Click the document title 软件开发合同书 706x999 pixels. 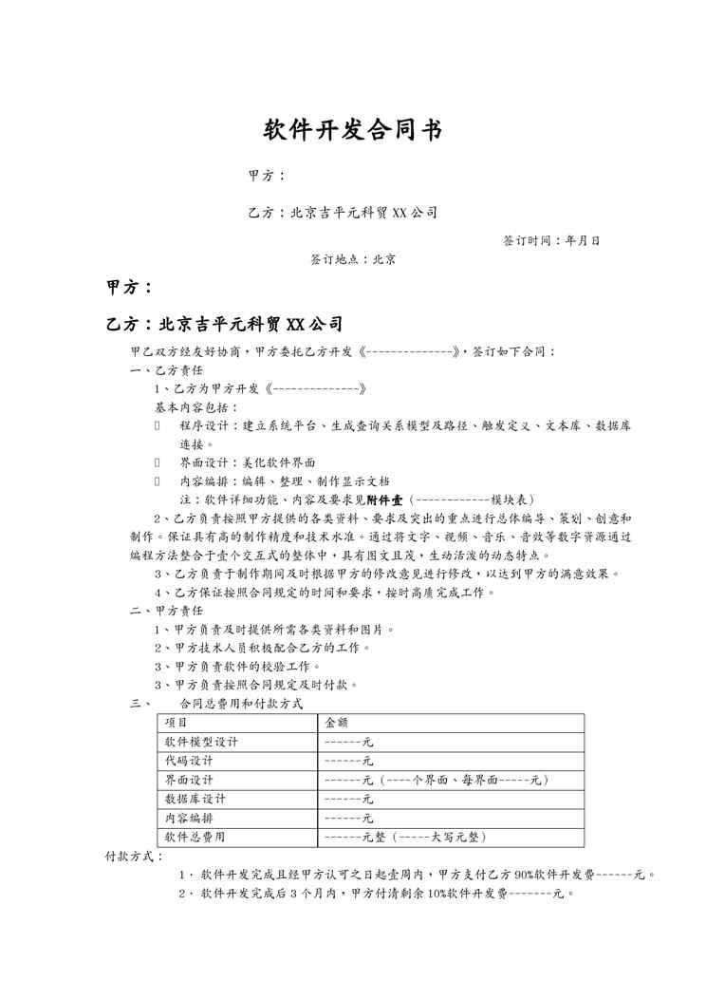pos(352,131)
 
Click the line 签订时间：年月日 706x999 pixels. pos(550,241)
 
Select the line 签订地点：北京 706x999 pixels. pos(353,258)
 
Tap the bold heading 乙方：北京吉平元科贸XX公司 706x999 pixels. pos(224,324)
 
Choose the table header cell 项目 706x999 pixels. pos(176,723)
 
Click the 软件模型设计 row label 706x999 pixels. pos(201,742)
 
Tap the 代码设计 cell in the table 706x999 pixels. pos(189,761)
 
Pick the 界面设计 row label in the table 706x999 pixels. pos(189,780)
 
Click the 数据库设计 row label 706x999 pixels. pos(195,799)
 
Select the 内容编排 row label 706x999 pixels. pos(189,818)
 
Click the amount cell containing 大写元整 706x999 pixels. pos(405,837)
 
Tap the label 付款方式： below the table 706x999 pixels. pos(134,856)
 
